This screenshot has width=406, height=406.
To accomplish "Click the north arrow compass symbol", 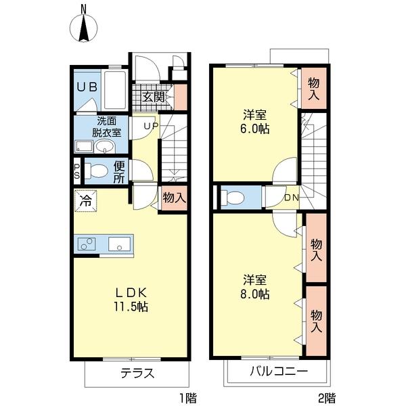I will [84, 28].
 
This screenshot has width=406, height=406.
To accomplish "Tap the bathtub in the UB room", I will [115, 90].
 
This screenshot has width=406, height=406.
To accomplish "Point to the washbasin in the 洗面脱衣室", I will [105, 146].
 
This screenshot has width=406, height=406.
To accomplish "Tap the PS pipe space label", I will [76, 171].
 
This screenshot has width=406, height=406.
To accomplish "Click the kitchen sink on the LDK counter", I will [120, 244].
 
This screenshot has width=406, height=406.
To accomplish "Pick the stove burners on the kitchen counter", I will [86, 244].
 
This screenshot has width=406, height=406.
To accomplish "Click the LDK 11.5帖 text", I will [131, 299].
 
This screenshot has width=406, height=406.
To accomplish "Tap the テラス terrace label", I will [138, 373].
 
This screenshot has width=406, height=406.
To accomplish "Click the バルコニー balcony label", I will [277, 371].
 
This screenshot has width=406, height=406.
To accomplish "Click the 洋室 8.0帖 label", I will [256, 287].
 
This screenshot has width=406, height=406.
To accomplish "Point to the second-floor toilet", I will [234, 198].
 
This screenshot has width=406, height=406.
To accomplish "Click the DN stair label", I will [291, 198].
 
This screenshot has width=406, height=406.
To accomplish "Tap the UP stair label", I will [150, 126].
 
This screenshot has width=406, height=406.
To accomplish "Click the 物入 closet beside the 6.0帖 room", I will [313, 88].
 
